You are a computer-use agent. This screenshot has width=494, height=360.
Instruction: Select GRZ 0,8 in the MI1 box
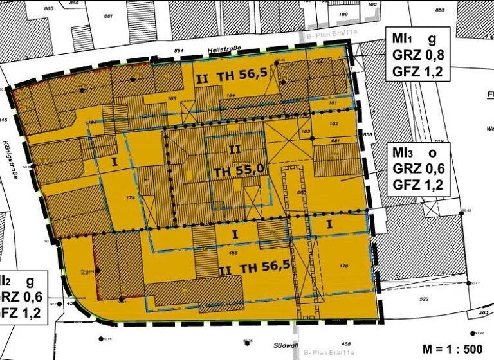[x=417, y=56]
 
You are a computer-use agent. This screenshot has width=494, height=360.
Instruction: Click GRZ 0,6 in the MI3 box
[x=418, y=168]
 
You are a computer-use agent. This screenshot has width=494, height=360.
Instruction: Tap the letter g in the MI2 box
[x=29, y=281]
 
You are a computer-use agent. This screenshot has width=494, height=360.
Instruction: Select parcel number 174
[x=131, y=198]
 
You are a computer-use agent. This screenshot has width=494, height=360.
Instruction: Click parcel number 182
[x=334, y=123]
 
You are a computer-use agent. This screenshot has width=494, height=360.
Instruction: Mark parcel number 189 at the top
[x=343, y=14]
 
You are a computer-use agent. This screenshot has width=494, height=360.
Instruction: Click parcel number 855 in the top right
[x=441, y=10]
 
